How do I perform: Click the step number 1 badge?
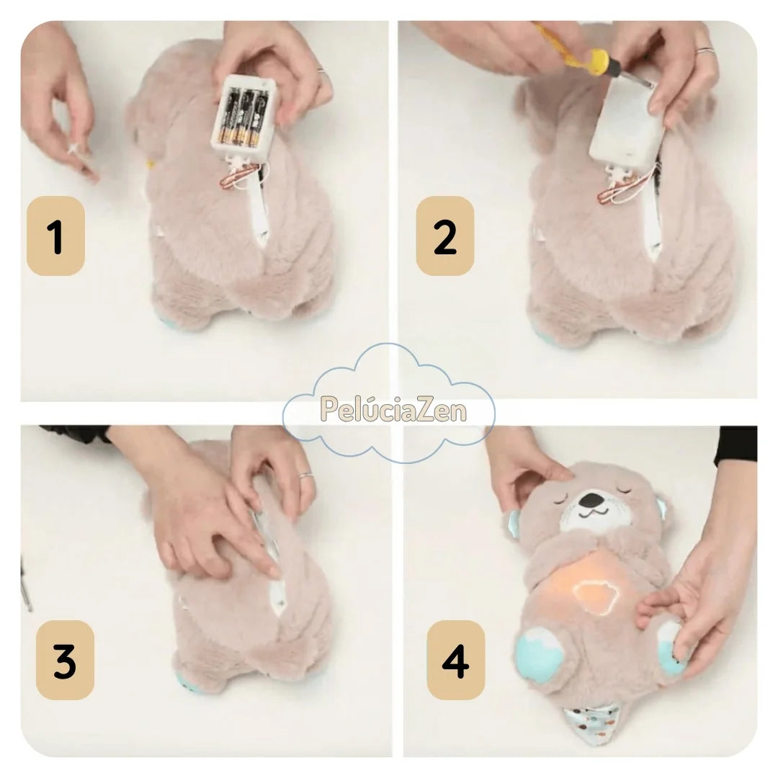(x=55, y=236)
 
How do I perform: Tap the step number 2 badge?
(x=445, y=236)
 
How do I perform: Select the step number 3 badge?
(x=65, y=660)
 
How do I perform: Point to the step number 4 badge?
(x=456, y=660)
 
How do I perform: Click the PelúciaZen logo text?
(x=393, y=409)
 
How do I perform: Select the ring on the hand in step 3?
(x=305, y=475)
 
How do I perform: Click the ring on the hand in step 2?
(x=704, y=50)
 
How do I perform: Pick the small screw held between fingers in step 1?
(x=74, y=149)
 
